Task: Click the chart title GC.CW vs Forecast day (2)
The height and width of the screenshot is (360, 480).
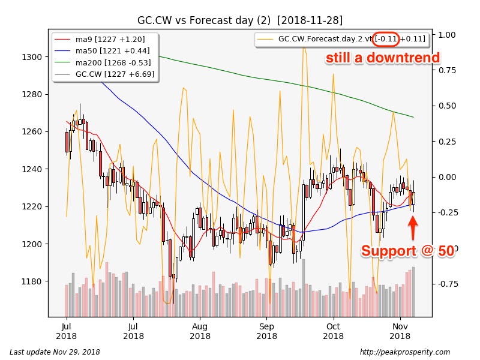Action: [239, 20]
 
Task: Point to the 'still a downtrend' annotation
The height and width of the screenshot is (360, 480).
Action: [383, 58]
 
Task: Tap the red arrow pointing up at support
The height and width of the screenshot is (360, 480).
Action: [413, 227]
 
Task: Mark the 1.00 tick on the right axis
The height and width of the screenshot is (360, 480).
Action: [447, 35]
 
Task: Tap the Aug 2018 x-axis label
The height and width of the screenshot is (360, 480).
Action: [200, 331]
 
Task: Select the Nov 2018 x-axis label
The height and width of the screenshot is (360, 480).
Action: [400, 331]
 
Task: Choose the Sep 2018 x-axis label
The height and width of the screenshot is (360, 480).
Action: [267, 331]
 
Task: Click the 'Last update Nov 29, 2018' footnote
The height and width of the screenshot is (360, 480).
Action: [55, 352]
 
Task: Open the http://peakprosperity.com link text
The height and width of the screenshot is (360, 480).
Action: [404, 352]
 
